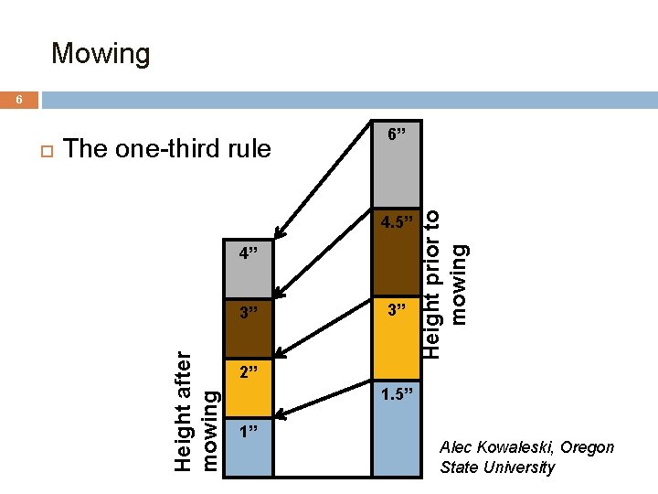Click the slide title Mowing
tap(101, 53)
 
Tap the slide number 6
tap(18, 101)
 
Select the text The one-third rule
tap(168, 148)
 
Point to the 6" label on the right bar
tap(397, 134)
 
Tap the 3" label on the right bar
tap(397, 309)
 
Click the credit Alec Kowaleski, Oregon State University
tap(526, 457)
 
